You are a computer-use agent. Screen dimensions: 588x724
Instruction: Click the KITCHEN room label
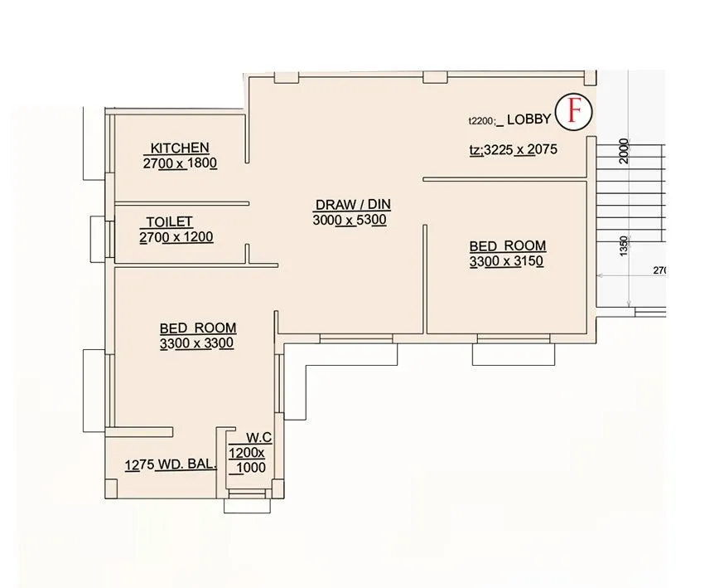pos(180,148)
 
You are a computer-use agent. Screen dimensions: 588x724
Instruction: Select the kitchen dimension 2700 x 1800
pos(180,163)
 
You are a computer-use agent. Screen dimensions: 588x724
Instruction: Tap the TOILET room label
pos(169,222)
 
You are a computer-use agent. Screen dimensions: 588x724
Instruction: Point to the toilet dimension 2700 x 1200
pos(176,237)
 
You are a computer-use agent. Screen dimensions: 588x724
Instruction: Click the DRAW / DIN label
pos(352,205)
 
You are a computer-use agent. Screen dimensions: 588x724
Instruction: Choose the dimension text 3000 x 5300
pos(350,220)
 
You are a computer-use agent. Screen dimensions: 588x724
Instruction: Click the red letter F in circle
pos(572,112)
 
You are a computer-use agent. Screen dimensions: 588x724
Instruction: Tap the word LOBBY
pos(529,119)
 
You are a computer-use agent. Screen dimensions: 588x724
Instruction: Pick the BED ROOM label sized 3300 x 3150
pos(507,245)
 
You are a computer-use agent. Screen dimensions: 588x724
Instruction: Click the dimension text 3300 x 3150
pos(505,261)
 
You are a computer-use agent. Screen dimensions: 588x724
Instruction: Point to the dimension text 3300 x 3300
pos(197,343)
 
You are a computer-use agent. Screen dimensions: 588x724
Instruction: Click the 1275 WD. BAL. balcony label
pos(171,465)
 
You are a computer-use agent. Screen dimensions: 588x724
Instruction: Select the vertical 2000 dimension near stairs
pos(624,151)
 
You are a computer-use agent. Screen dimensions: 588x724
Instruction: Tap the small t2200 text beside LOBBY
pos(481,121)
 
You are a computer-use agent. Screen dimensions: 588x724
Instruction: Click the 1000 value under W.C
pos(251,468)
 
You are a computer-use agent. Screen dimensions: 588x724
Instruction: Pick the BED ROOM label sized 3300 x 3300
pos(198,328)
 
